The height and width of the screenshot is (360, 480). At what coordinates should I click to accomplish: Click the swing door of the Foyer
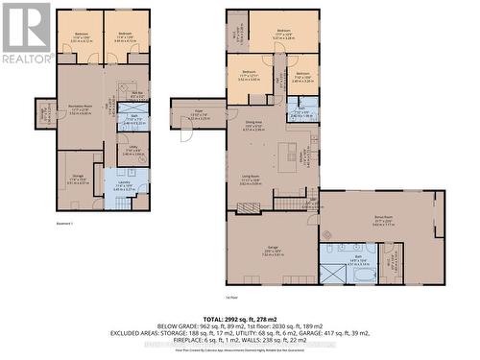click(185, 135)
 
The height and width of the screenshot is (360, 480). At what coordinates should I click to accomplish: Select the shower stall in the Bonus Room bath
click(331, 273)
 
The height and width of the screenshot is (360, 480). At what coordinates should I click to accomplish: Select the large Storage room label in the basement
click(77, 179)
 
